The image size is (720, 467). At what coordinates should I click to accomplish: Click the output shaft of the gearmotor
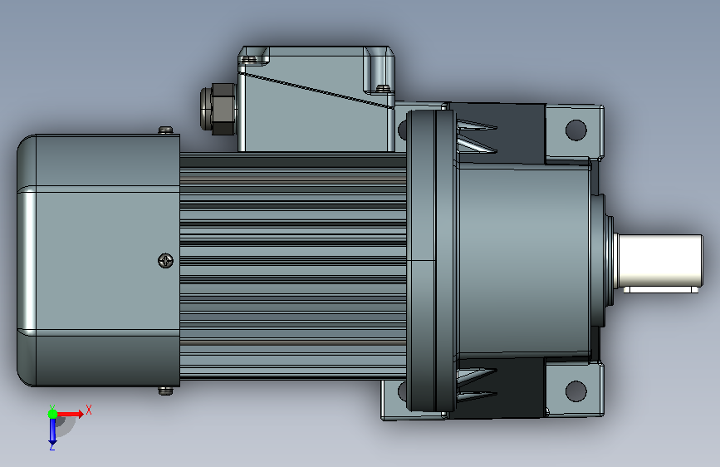coord(659,261)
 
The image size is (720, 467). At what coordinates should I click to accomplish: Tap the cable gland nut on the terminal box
coord(218,109)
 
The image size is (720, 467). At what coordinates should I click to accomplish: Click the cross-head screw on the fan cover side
coord(165,261)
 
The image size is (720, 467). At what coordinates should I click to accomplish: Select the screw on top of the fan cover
coord(166,130)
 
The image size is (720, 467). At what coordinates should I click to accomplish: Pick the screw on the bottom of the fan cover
coord(166,391)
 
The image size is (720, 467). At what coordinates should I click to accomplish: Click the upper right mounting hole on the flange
coord(576,130)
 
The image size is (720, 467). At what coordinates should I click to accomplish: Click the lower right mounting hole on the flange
coord(576,391)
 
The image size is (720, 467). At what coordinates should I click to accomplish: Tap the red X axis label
coord(89,410)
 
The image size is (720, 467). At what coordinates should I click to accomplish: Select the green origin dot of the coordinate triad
coord(52,414)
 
